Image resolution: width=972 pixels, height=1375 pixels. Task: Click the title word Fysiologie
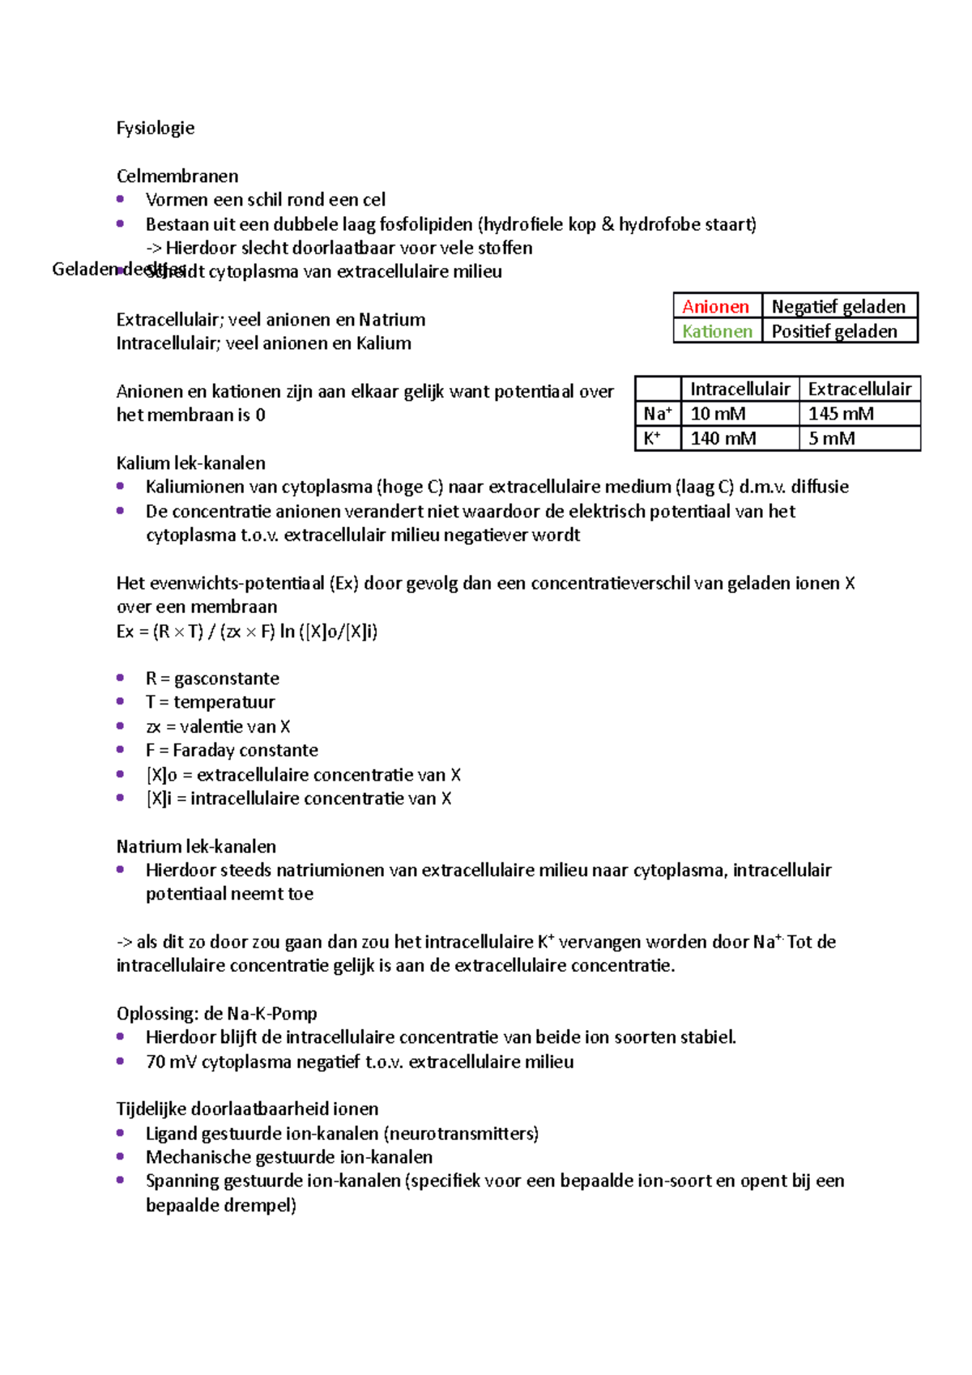pos(156,128)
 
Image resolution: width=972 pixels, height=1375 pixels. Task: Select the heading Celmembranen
pos(177,177)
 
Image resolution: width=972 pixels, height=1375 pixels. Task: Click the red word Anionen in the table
pos(715,307)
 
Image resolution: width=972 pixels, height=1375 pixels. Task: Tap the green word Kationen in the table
pos(717,331)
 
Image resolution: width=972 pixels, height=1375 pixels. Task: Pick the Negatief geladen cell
pos(838,307)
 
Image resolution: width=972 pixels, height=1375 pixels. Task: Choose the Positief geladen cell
pos(834,331)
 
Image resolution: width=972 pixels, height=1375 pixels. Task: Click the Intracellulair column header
pos(740,390)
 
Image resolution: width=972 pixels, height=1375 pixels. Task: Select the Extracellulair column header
pos(859,390)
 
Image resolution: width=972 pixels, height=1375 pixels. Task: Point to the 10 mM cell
pos(718,414)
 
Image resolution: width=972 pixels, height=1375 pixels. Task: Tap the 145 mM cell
pos(841,414)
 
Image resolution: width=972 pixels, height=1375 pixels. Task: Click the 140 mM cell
pos(723,439)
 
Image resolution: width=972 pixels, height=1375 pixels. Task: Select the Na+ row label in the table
pos(658,414)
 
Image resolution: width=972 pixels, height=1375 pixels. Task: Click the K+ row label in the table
pos(652,439)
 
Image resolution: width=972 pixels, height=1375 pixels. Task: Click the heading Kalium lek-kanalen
pos(191,463)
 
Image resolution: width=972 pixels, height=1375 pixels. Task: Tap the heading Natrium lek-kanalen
pos(196,847)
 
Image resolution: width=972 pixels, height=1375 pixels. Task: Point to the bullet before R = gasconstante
pos(121,678)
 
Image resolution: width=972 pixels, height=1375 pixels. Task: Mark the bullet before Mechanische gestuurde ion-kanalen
pos(121,1157)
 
